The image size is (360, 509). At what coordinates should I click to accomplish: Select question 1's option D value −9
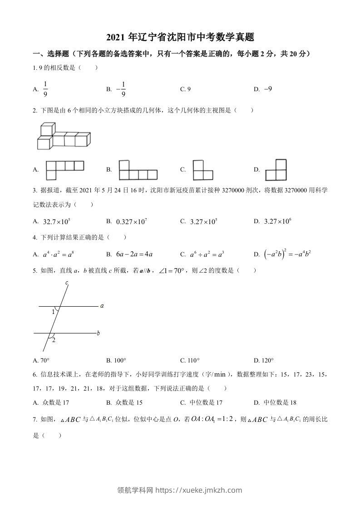267,89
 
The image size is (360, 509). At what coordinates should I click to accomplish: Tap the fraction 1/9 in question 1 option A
45,89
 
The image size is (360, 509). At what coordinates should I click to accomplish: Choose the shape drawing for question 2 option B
138,170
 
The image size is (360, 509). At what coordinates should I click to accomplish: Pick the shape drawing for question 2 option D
276,170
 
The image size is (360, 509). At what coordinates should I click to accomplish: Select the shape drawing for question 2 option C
202,170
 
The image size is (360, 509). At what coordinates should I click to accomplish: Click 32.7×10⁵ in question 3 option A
56,221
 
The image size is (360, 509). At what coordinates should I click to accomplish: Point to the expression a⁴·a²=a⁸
58,254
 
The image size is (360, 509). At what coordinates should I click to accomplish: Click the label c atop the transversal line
67,283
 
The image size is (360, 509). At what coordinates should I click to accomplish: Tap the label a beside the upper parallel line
102,306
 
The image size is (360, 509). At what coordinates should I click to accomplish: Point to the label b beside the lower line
99,333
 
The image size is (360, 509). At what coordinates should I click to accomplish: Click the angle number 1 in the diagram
53,312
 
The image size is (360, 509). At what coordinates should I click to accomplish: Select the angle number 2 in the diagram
54,340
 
